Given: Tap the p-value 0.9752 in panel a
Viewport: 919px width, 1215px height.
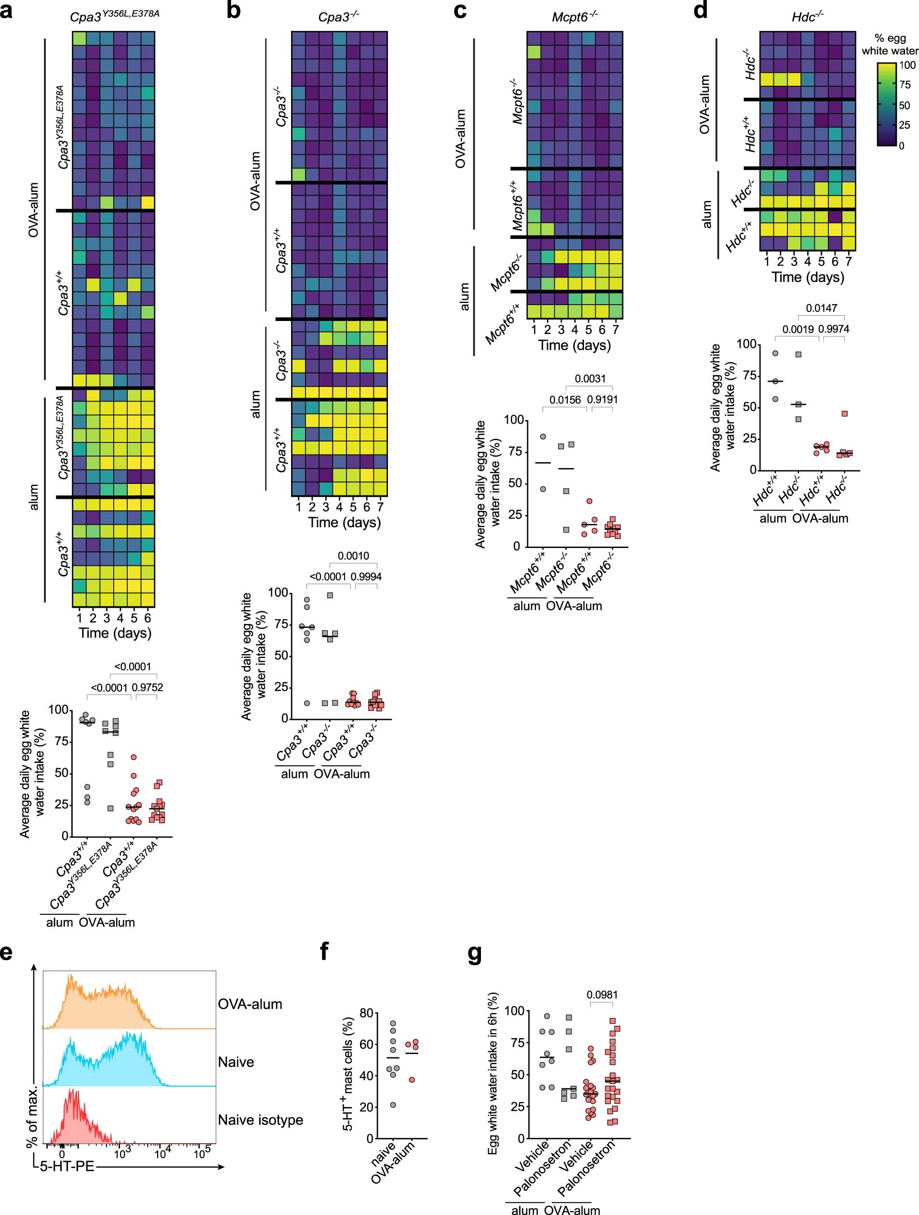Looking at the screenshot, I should click(x=147, y=687).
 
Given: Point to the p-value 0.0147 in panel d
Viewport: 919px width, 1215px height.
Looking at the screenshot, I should click(x=821, y=308).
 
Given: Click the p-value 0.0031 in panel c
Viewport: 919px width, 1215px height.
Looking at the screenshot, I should click(x=590, y=378).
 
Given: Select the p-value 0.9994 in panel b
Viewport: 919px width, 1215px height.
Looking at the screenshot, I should click(x=366, y=577).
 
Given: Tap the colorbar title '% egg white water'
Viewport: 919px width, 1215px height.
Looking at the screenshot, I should click(x=890, y=44).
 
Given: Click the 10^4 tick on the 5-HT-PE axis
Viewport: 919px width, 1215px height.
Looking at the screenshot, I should click(x=161, y=1153).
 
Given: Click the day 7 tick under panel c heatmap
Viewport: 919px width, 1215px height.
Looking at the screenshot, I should click(x=615, y=330).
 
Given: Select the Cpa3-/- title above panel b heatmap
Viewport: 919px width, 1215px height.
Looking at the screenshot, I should click(x=338, y=17).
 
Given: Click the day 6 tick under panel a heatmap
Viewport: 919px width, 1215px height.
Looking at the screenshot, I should click(x=147, y=617).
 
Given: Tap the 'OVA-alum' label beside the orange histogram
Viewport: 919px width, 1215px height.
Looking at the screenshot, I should click(x=250, y=1004).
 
